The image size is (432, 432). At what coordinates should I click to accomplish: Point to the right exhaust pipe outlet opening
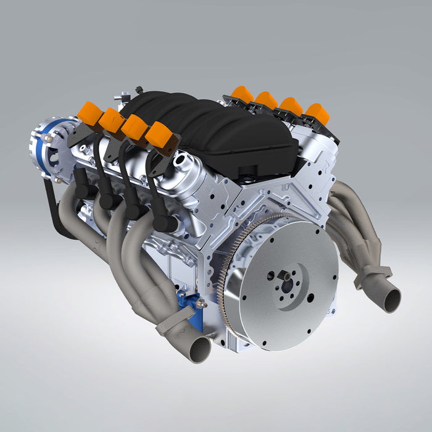coord(389,300)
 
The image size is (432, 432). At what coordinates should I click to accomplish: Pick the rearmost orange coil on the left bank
coord(161,134)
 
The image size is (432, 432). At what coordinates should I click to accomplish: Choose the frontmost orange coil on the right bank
coord(242,94)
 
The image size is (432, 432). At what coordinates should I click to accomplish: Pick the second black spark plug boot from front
coord(108,197)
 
